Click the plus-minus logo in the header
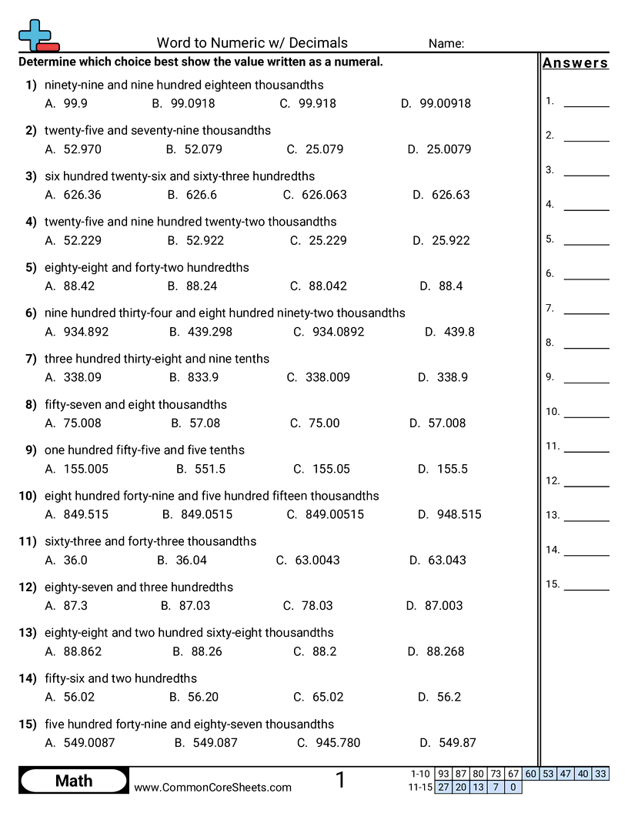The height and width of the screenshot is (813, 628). (x=37, y=36)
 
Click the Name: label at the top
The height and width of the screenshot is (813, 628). (x=446, y=44)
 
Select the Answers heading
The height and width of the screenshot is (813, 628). (x=575, y=63)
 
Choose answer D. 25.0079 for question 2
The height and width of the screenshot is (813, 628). (x=439, y=149)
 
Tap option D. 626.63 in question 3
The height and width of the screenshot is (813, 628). (x=441, y=195)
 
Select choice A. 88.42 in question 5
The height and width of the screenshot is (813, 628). (x=70, y=286)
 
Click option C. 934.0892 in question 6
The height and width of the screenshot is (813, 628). (x=329, y=332)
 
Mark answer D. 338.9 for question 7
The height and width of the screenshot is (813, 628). (x=443, y=377)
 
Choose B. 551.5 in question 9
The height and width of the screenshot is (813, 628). (x=201, y=469)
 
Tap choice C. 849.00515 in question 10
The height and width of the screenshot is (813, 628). (x=325, y=514)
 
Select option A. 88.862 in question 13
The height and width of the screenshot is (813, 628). (x=73, y=651)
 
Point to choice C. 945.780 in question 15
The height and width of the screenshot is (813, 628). (x=329, y=743)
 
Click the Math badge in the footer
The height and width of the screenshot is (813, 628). (x=74, y=781)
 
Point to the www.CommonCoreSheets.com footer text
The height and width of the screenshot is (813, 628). (x=213, y=788)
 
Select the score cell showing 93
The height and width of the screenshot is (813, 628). (x=443, y=774)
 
